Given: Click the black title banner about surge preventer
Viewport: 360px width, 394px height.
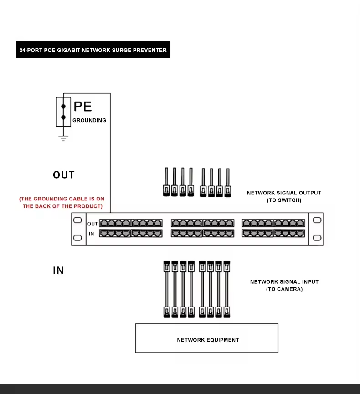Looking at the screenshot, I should pyautogui.click(x=93, y=50).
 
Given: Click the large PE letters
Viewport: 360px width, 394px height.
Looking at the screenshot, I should pyautogui.click(x=82, y=107).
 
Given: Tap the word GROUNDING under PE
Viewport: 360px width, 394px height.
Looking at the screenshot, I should pyautogui.click(x=89, y=120).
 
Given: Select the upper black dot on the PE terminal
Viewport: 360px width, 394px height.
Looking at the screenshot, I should pyautogui.click(x=64, y=107).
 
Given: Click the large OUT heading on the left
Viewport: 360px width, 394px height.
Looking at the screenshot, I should pyautogui.click(x=64, y=175).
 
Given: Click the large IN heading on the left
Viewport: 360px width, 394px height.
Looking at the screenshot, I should pyautogui.click(x=58, y=271).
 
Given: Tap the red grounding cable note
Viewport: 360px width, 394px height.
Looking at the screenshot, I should pyautogui.click(x=62, y=203).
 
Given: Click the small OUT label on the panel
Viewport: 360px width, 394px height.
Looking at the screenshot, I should pyautogui.click(x=93, y=224).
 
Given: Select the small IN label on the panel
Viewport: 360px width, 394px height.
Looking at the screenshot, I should pyautogui.click(x=92, y=234).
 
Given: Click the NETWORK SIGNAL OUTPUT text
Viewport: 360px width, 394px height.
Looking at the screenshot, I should pyautogui.click(x=284, y=193).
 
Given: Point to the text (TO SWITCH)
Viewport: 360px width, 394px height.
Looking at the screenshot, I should pyautogui.click(x=284, y=200).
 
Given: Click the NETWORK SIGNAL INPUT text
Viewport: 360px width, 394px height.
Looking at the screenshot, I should pyautogui.click(x=284, y=282).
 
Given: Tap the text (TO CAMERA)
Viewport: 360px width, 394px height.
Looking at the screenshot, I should pyautogui.click(x=284, y=289).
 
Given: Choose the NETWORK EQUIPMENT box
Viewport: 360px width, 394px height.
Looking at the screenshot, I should pyautogui.click(x=207, y=338).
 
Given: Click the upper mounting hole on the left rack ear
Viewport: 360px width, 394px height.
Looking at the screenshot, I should pyautogui.click(x=77, y=220).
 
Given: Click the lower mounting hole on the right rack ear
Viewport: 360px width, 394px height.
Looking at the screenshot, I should pyautogui.click(x=317, y=237).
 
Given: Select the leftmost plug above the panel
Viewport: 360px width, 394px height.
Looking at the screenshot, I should pyautogui.click(x=166, y=189).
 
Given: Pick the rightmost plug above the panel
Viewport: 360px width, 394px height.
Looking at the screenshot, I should pyautogui.click(x=227, y=189).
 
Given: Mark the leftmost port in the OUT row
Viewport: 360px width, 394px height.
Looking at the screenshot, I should pyautogui.click(x=104, y=223).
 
